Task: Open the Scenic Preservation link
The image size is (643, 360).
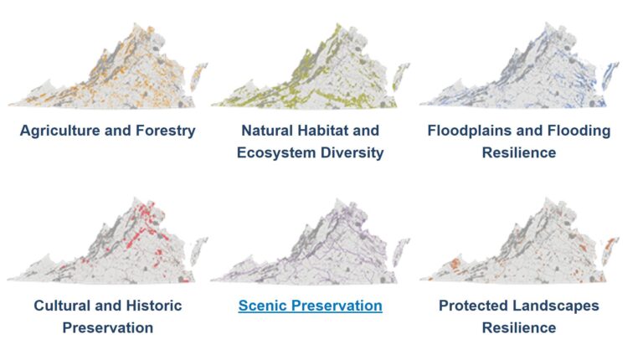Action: pyautogui.click(x=310, y=306)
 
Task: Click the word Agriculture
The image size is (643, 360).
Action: pyautogui.click(x=59, y=131)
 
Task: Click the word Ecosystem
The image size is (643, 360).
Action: pyautogui.click(x=277, y=152)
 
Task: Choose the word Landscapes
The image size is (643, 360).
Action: pyautogui.click(x=557, y=306)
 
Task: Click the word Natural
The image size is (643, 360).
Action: pyautogui.click(x=267, y=131)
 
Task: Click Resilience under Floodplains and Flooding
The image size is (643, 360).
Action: pyautogui.click(x=519, y=152)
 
